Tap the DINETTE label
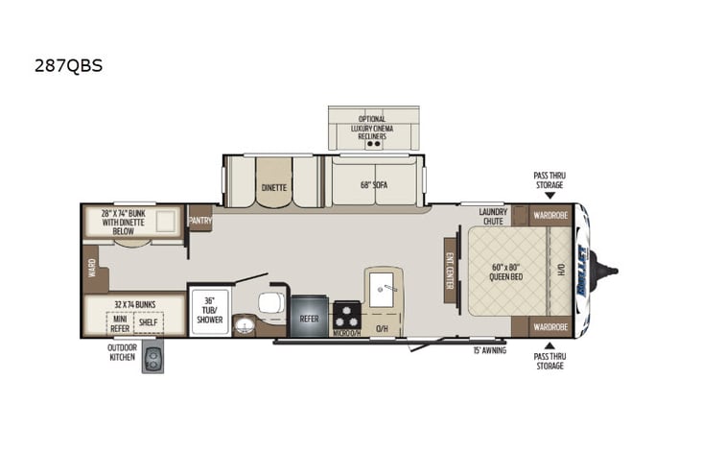coord(273,188)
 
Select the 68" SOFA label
coord(374,186)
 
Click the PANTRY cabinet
coord(200,220)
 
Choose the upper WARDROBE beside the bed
coord(550,216)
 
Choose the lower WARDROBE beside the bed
coord(550,327)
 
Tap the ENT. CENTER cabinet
coord(449,271)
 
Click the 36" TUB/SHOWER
coord(208,310)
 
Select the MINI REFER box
coord(121,323)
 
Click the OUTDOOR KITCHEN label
coord(123,354)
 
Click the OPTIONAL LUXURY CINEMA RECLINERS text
coord(373,128)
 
